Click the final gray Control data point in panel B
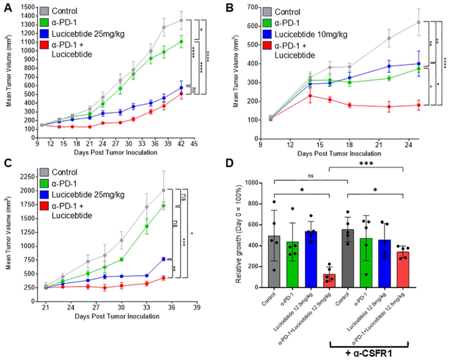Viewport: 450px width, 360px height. [416, 22]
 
